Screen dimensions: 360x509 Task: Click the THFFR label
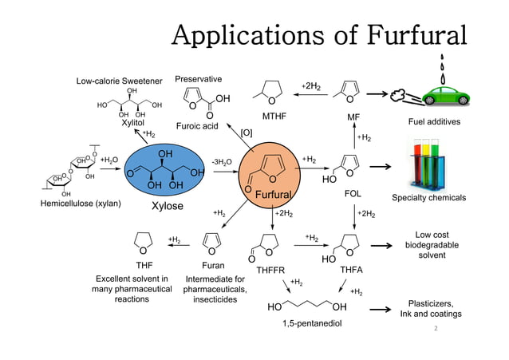pos(270,271)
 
